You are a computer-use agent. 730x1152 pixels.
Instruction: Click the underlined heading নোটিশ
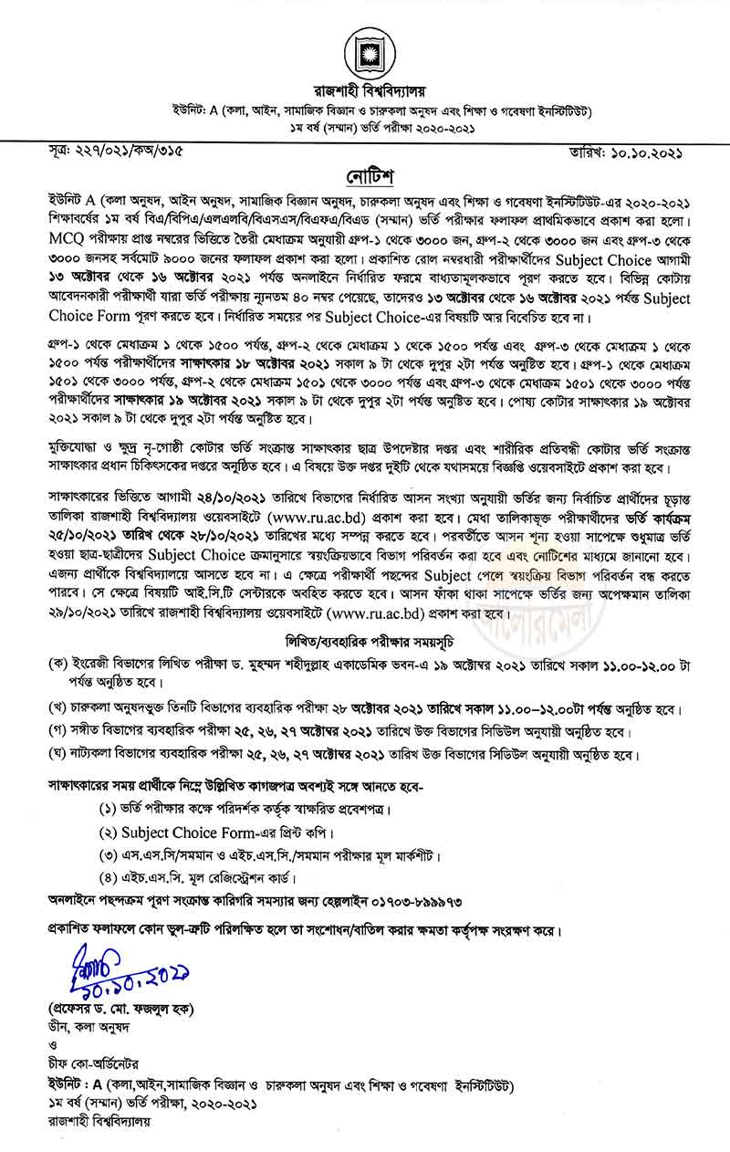(x=364, y=173)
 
